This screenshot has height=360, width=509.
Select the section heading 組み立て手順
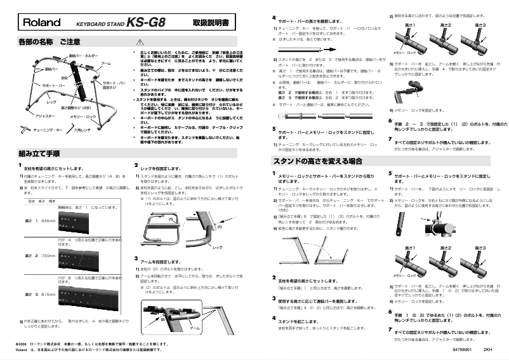click(x=39, y=153)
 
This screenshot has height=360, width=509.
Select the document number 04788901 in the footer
click(x=462, y=349)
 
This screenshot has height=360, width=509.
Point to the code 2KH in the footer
click(x=487, y=349)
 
